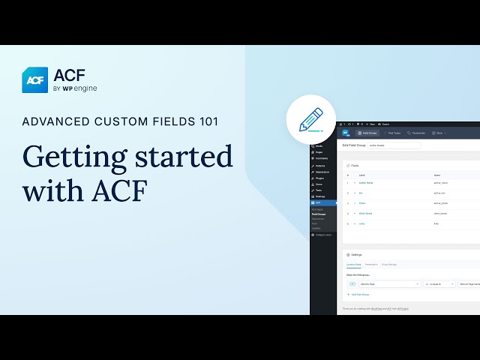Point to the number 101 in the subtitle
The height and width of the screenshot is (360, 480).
(205, 121)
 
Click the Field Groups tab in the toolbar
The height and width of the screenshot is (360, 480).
(367, 133)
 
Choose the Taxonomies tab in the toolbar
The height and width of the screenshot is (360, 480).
(417, 133)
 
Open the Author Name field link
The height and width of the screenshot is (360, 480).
(365, 182)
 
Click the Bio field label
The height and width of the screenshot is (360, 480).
(361, 193)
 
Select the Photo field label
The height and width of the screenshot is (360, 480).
(361, 203)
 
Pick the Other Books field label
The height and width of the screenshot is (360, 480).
(365, 214)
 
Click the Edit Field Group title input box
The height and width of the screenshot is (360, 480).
(394, 145)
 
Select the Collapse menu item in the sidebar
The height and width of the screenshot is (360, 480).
(322, 235)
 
